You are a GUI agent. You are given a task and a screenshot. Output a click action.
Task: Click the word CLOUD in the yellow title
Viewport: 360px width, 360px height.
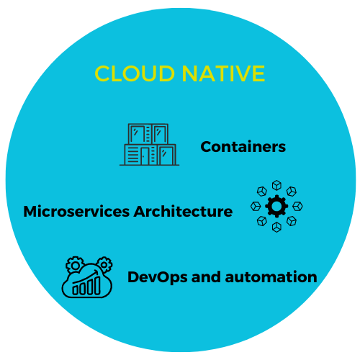pos(135,73)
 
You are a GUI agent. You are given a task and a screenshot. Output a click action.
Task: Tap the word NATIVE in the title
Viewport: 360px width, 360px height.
pos(223,73)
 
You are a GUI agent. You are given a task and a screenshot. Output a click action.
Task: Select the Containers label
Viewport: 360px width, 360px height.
pos(243,147)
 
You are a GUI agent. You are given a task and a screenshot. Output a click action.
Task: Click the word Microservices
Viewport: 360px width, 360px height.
pos(76,212)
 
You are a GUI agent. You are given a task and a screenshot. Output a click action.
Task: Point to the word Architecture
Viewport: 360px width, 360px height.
pos(183,212)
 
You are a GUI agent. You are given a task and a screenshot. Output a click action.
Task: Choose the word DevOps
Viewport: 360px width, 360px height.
pos(158,278)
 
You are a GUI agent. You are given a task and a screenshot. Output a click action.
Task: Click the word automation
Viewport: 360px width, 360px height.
pos(271,277)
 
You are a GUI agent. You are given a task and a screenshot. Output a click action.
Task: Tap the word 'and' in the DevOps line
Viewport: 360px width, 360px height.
pos(206,277)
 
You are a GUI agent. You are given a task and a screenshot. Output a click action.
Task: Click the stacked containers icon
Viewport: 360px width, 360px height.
pos(150,145)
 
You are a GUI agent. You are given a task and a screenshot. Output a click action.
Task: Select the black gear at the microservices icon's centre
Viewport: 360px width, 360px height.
pos(276,206)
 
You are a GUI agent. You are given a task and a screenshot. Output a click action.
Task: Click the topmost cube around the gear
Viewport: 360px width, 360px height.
pos(276,185)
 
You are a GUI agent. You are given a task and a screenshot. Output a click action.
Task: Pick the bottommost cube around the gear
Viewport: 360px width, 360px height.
pos(276,227)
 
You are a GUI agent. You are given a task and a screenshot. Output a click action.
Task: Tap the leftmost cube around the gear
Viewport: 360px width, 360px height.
pos(256,206)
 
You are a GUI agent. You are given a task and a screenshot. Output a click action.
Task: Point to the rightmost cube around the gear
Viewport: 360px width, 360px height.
pos(297,206)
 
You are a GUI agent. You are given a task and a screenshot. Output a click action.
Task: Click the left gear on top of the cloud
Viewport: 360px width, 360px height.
pos(75,265)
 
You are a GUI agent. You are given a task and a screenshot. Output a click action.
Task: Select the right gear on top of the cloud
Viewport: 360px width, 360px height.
pos(104,264)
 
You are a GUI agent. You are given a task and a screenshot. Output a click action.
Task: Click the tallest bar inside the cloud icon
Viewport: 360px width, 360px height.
pos(97,285)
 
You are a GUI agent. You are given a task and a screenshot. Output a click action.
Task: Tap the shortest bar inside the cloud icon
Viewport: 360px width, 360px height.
pos(76,290)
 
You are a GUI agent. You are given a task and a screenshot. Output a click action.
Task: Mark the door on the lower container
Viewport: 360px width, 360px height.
pos(145,156)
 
